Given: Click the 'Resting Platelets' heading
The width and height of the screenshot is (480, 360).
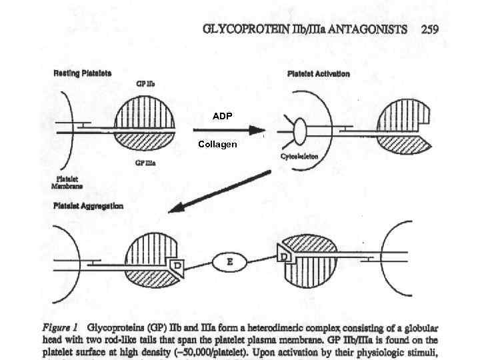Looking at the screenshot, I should [83, 72].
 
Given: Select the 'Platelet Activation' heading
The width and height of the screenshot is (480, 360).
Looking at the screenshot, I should [318, 73].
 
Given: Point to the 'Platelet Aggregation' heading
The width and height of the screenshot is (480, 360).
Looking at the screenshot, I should [88, 206].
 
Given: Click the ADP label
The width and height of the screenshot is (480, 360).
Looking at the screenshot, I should [223, 116].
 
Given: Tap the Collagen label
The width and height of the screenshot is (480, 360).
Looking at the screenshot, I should [217, 144].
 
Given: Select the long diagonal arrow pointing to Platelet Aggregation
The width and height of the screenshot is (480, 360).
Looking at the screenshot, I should [220, 191].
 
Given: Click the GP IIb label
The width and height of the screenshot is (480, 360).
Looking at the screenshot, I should [145, 84].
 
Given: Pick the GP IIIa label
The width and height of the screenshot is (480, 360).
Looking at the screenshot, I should [146, 163].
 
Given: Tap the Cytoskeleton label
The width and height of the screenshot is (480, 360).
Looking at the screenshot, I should [299, 156].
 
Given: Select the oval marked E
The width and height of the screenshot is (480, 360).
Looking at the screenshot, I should [230, 262].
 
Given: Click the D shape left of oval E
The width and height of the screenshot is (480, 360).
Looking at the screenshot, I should [177, 266].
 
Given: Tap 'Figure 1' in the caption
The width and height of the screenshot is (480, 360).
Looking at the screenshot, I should [61, 327].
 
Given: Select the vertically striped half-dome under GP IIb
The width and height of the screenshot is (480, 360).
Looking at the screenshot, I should [145, 114].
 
